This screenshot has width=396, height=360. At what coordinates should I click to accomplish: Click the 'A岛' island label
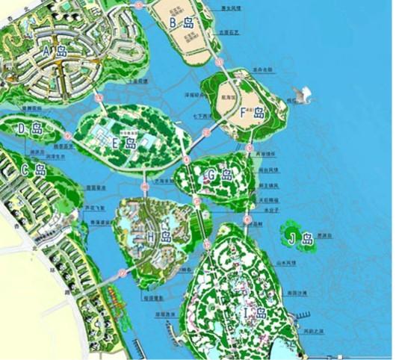click(x=55, y=52)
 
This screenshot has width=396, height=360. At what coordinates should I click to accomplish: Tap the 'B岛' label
click(x=182, y=22)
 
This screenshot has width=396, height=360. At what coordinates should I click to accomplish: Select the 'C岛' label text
click(x=34, y=170)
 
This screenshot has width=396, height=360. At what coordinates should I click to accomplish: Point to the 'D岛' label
click(x=31, y=129)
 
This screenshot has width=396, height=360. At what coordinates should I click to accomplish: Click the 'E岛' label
click(x=123, y=143)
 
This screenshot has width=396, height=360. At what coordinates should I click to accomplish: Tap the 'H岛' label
click(x=158, y=237)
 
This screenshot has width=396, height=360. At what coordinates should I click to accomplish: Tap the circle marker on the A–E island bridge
click(x=99, y=97)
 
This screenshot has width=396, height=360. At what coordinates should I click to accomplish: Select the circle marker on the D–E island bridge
click(x=68, y=136)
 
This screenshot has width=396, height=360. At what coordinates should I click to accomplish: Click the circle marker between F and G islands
click(x=248, y=148)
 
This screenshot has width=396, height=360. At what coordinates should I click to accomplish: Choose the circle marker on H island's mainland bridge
click(x=121, y=273)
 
